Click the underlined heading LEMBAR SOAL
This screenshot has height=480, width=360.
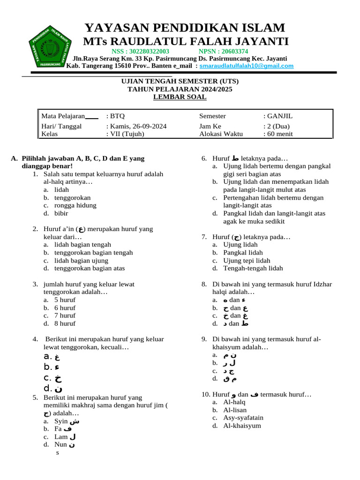[x=180, y=97]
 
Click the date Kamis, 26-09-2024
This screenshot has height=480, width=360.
[x=138, y=126]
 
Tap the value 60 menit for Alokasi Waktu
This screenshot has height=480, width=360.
[x=280, y=134]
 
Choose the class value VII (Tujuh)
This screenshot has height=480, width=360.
[x=127, y=134]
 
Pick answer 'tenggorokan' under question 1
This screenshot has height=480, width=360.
[x=72, y=197]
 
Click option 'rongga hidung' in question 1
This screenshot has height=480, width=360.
[x=75, y=205]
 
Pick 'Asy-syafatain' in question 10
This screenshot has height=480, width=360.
[x=243, y=417]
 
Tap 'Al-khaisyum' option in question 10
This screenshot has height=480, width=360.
[x=242, y=426]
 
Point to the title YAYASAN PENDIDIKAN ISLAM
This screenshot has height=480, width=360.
[x=184, y=27]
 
